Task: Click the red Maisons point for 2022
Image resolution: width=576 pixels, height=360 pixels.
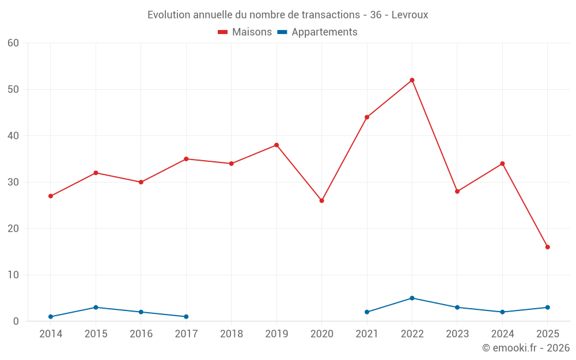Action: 412,80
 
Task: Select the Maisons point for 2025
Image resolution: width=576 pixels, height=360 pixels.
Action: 548,247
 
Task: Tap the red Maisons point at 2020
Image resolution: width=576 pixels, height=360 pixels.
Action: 321,200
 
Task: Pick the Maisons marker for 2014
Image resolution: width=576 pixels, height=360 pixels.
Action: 51,196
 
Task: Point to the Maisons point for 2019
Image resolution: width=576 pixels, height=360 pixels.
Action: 276,145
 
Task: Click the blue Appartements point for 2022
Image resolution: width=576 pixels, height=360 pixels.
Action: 412,298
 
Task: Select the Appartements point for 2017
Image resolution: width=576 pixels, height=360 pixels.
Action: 186,317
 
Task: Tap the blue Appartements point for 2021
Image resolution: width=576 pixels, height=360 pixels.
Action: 367,312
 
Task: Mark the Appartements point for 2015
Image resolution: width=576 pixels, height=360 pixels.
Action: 96,308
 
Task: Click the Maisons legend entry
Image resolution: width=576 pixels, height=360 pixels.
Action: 245,32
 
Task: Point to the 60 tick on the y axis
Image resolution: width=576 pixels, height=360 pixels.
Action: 13,43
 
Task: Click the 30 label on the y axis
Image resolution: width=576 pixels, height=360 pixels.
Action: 13,182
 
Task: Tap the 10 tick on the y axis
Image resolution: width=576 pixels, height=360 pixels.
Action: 13,275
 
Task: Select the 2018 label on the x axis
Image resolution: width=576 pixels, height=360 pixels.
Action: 232,334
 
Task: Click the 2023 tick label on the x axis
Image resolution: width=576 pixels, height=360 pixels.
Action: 457,334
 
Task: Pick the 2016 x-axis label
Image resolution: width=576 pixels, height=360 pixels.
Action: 141,334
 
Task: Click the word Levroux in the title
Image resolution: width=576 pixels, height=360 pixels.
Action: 410,15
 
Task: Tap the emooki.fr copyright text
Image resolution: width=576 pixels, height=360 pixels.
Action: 526,348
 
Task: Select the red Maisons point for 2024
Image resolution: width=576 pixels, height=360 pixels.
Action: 502,164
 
